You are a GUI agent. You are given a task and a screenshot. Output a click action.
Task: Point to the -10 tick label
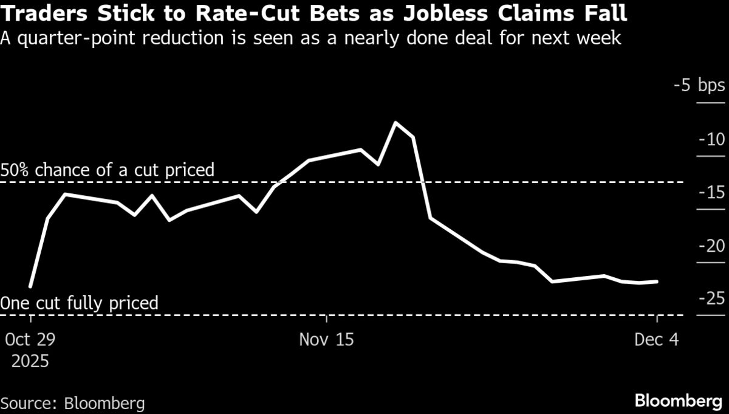711,139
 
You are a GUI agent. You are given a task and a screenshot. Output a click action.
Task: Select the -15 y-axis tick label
711,193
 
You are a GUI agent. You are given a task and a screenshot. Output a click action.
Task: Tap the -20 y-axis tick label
711,246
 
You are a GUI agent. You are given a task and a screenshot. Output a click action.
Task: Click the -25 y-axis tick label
711,298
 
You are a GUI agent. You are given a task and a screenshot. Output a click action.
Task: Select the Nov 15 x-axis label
326,339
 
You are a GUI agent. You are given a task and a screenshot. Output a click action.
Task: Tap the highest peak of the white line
395,123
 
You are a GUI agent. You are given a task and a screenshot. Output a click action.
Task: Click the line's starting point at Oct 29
30,286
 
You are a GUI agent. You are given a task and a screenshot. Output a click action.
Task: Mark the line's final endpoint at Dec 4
657,281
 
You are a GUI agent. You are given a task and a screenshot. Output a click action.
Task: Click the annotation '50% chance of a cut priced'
108,170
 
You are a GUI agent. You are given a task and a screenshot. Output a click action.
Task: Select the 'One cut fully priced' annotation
80,302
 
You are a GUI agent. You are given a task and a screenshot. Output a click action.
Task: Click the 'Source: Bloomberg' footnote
73,402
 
